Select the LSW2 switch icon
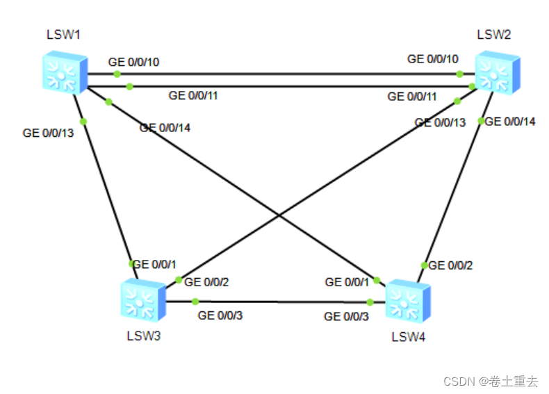[496, 72]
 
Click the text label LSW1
[63, 35]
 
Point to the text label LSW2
[494, 35]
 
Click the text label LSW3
[144, 337]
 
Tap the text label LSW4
[409, 338]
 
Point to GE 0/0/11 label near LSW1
[193, 95]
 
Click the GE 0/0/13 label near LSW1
[48, 131]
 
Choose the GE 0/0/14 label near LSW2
[510, 122]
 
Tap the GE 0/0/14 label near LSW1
[165, 127]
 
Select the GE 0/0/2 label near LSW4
[452, 265]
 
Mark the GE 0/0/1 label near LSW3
[154, 264]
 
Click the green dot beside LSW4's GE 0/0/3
[370, 302]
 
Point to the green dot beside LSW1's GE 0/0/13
[83, 122]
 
